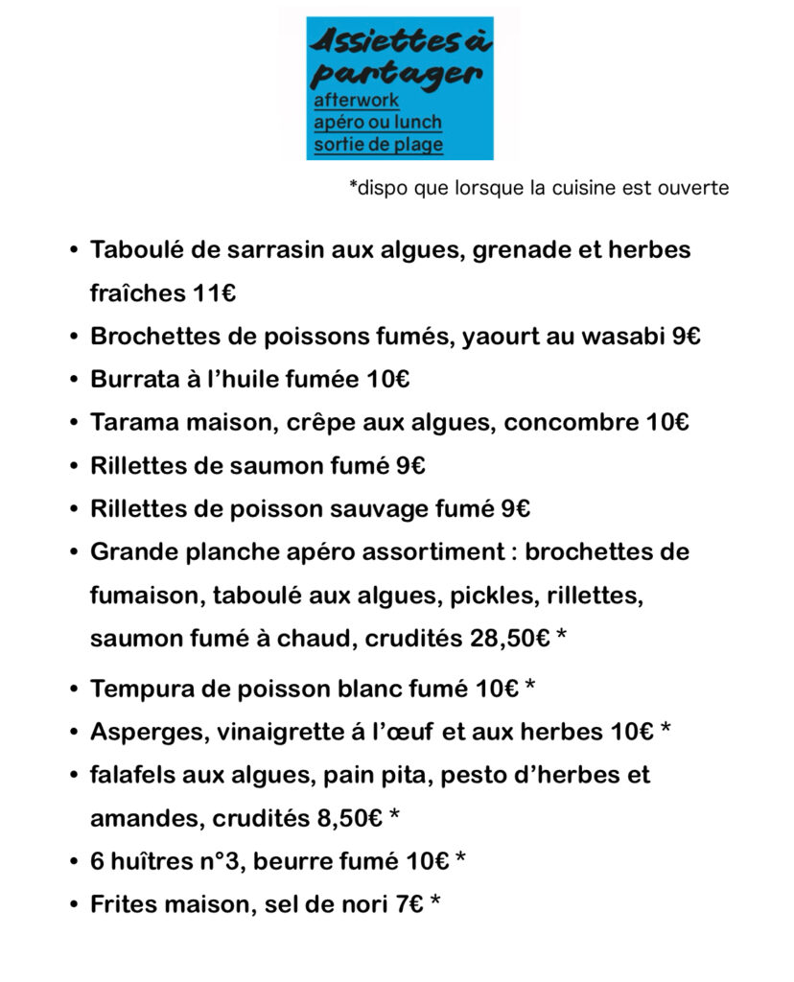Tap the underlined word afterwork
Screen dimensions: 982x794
356,100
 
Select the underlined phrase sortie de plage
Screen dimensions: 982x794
378,145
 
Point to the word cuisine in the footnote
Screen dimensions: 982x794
576,188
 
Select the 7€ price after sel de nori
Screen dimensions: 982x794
409,903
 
